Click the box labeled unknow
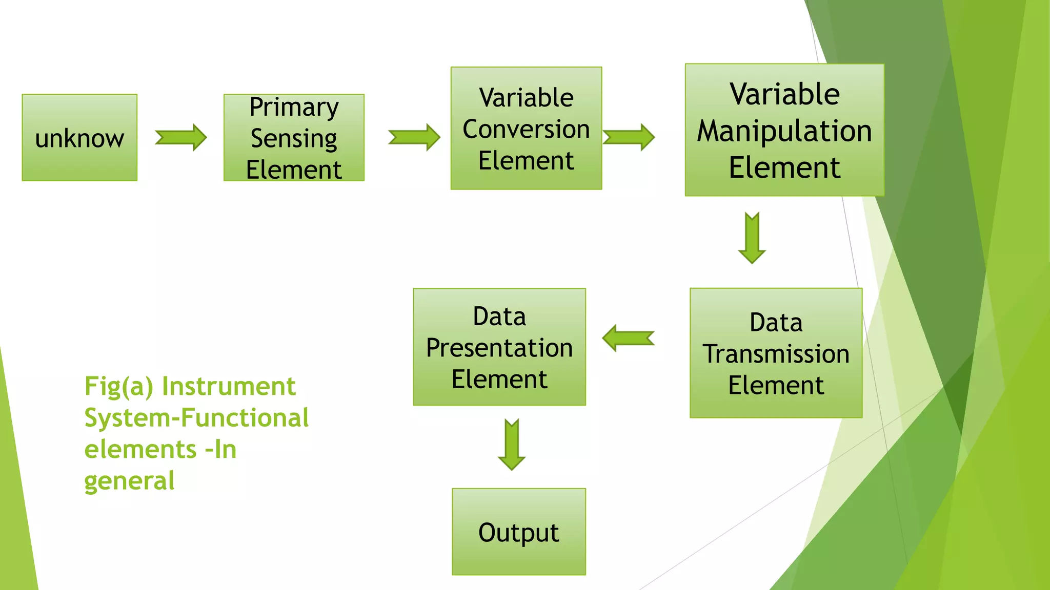tap(79, 138)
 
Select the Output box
tap(518, 532)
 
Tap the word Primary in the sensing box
tap(294, 107)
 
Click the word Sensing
tap(294, 138)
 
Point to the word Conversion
tap(526, 129)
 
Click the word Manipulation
tap(784, 131)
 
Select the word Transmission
tap(776, 354)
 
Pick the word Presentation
tap(499, 348)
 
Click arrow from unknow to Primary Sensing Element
tap(181, 137)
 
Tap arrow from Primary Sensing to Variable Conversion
tap(414, 137)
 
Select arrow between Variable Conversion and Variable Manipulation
tap(629, 137)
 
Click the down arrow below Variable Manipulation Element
tap(752, 238)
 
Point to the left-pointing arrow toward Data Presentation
tap(628, 338)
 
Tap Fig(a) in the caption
tap(119, 386)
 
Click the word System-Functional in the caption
tap(196, 418)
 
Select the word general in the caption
tap(129, 481)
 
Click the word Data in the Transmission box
tap(776, 323)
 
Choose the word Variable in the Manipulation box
tap(784, 94)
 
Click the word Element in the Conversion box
tap(526, 161)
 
